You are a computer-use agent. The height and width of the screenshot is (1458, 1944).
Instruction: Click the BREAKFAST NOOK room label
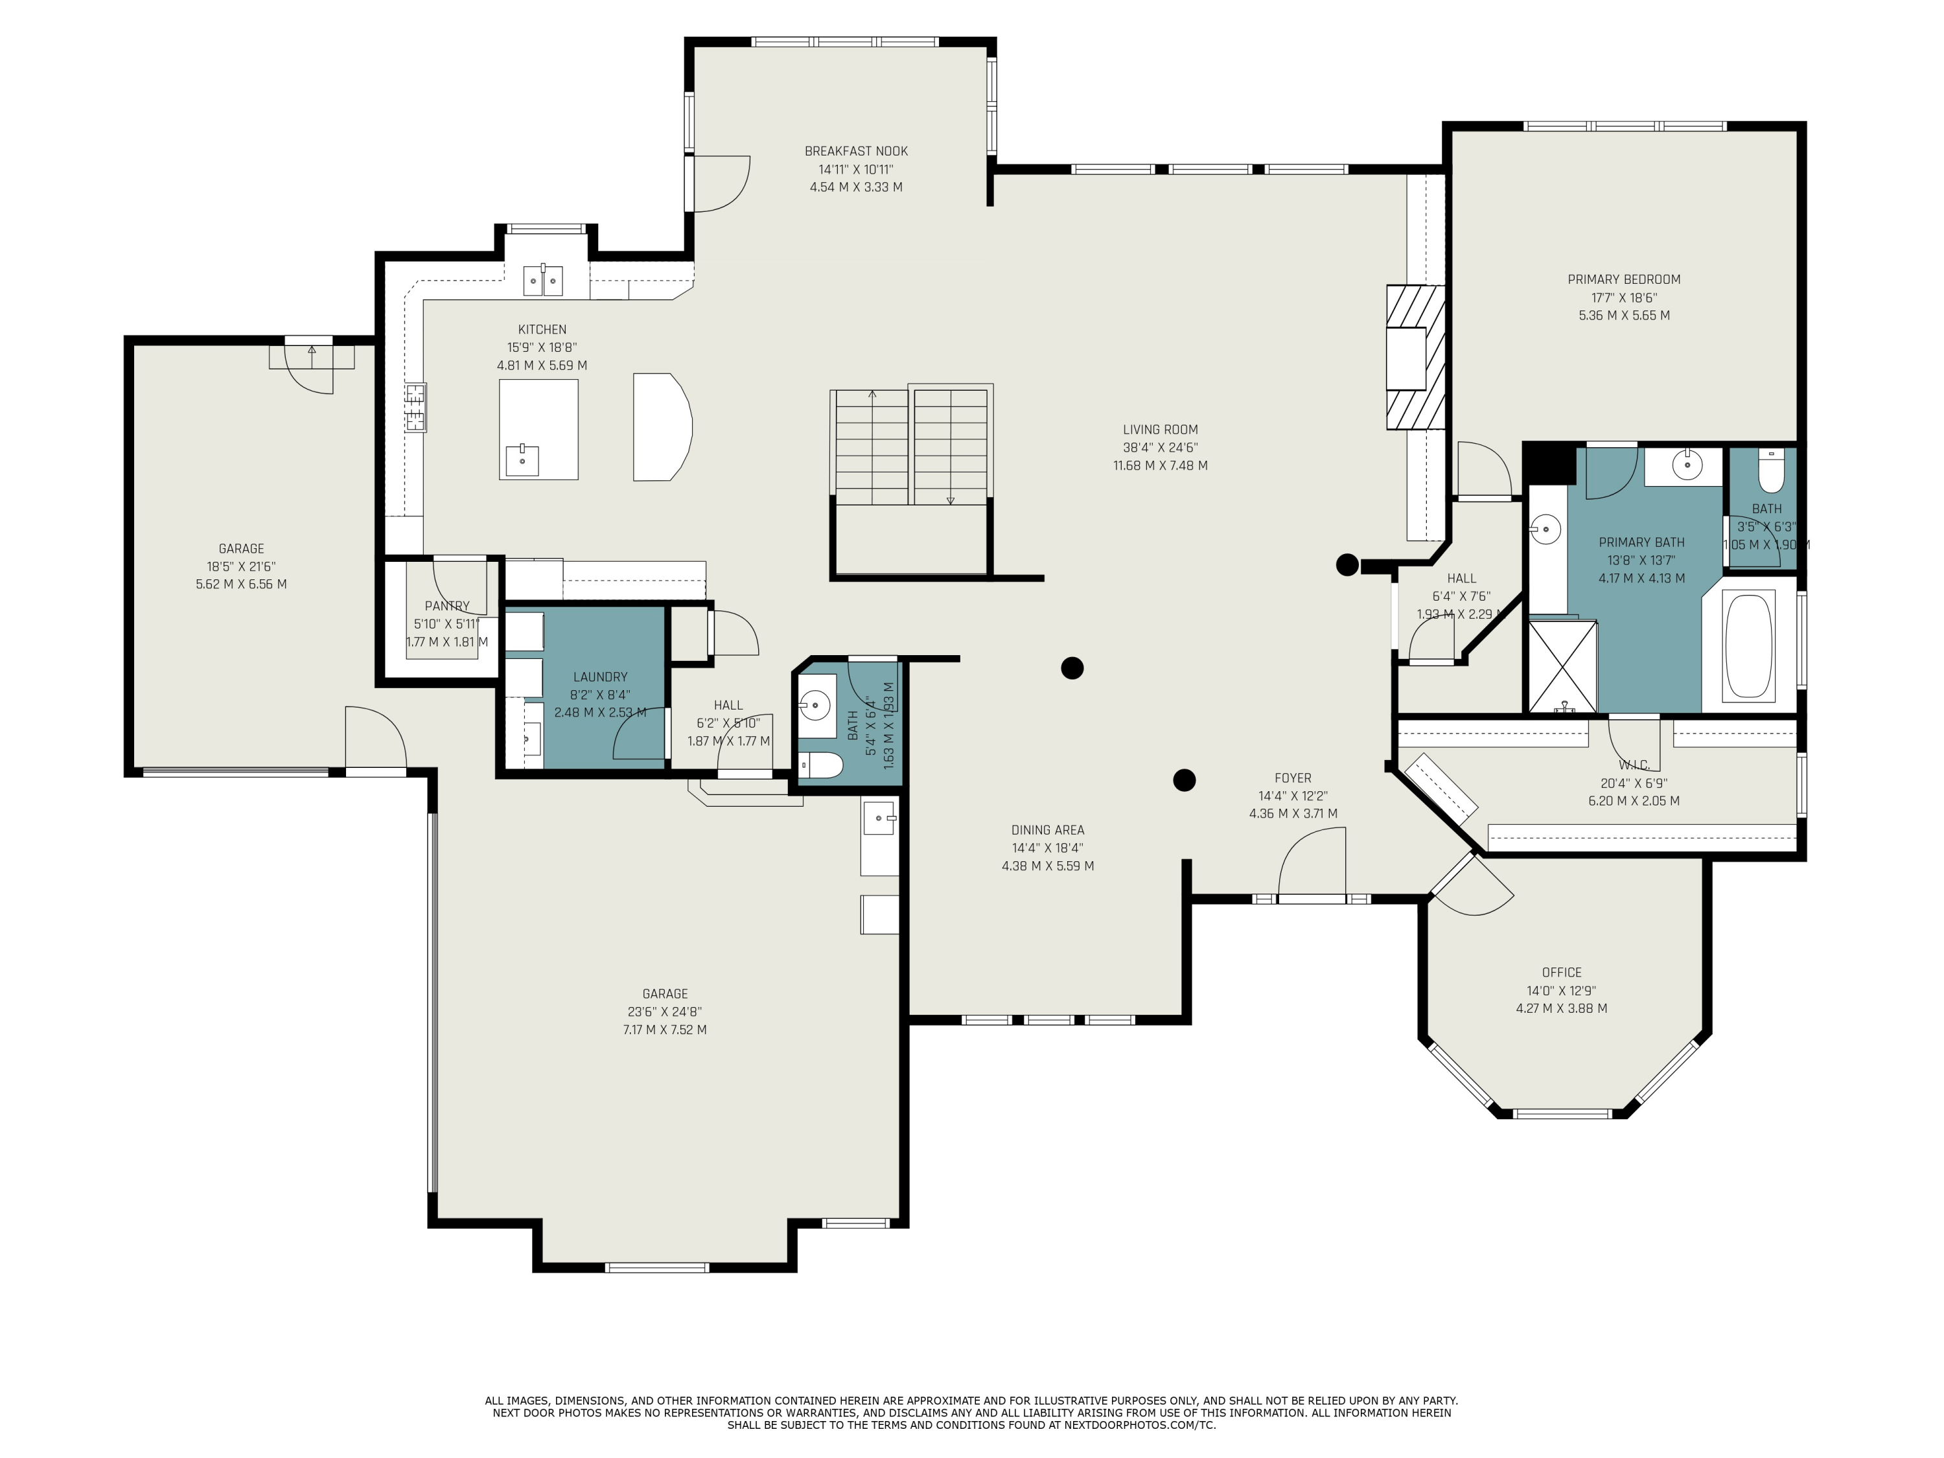[856, 151]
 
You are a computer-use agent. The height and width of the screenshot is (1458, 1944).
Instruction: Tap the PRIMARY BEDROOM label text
[1624, 279]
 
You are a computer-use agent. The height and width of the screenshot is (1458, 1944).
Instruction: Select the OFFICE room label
[1562, 972]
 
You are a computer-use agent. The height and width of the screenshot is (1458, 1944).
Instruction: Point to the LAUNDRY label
[600, 677]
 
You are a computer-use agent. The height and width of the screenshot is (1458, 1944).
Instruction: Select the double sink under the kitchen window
[543, 279]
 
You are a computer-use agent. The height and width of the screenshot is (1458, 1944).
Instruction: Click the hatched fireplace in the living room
[1416, 357]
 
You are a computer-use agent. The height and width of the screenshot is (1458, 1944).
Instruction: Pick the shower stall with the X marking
[1562, 666]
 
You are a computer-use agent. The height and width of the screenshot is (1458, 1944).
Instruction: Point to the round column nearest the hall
[1347, 565]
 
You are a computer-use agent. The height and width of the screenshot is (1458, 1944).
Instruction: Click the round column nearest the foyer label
[1185, 780]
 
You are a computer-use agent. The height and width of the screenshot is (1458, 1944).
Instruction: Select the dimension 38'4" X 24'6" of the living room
[1160, 447]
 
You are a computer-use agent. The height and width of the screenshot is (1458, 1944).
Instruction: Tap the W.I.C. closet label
[1633, 765]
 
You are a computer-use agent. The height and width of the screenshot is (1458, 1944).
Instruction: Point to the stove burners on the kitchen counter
[416, 408]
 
